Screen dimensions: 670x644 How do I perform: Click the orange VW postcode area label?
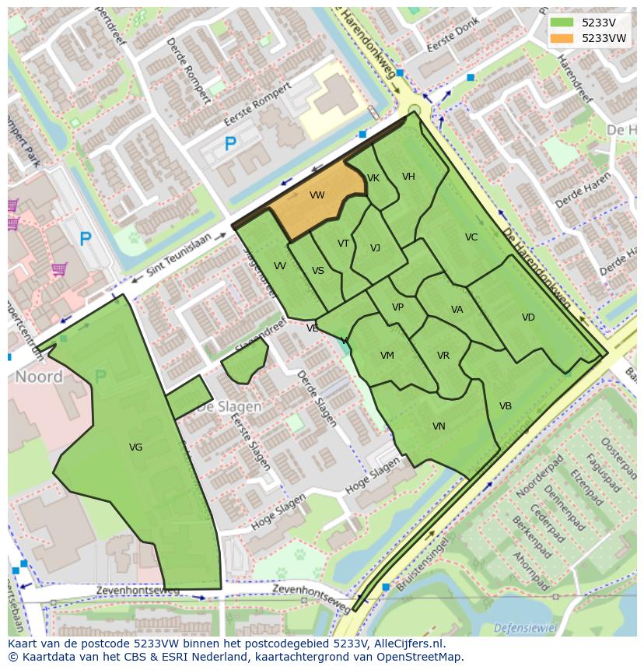click(317, 195)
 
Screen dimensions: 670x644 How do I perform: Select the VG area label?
click(135, 447)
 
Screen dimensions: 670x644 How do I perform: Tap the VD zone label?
click(528, 317)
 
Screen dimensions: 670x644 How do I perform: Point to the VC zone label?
click(471, 237)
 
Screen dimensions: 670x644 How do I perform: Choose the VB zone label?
click(506, 406)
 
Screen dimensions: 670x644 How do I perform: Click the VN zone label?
click(439, 426)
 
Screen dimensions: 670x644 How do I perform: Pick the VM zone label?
click(387, 356)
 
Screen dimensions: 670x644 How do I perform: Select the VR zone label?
click(443, 356)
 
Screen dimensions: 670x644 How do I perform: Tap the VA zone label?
click(457, 310)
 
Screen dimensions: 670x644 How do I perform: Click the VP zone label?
click(397, 307)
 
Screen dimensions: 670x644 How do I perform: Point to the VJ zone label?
click(375, 248)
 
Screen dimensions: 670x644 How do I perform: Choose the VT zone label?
click(343, 244)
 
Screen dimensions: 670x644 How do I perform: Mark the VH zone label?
click(408, 177)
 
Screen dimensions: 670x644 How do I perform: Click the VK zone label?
click(373, 178)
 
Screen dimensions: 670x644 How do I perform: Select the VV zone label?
click(280, 266)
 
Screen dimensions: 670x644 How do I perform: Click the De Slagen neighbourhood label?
click(229, 406)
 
